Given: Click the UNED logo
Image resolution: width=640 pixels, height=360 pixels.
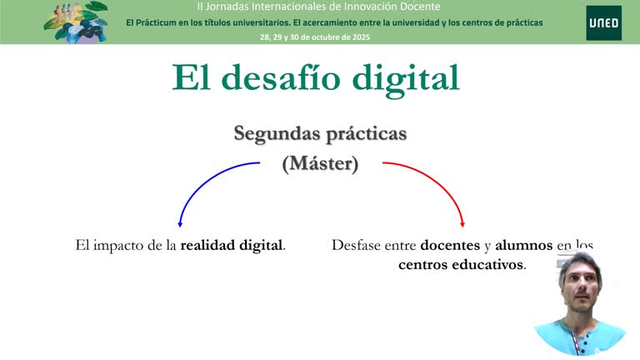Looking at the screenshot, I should tap(603, 22).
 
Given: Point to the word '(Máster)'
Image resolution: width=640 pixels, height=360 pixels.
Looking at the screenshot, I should tap(320, 163).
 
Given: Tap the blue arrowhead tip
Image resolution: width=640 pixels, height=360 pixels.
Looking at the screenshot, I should tap(180, 226).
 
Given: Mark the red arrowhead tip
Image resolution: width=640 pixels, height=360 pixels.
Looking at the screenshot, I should tap(462, 226).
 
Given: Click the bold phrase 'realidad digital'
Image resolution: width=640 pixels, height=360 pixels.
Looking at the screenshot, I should tap(232, 246).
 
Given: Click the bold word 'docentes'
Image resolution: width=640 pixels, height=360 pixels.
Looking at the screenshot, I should tap(450, 246).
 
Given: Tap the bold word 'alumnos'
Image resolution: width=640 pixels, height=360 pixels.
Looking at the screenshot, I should tap(523, 246).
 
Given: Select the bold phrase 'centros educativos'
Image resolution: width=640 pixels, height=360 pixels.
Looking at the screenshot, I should tap(461, 265).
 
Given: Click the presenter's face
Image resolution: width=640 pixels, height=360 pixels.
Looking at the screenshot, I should tap(579, 287).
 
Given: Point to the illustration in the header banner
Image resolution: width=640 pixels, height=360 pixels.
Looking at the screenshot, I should tap(76, 21).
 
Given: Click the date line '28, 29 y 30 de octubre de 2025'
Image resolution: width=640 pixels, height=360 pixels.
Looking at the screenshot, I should tap(315, 37).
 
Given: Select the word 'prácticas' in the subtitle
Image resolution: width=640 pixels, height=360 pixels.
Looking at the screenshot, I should tap(367, 133).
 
